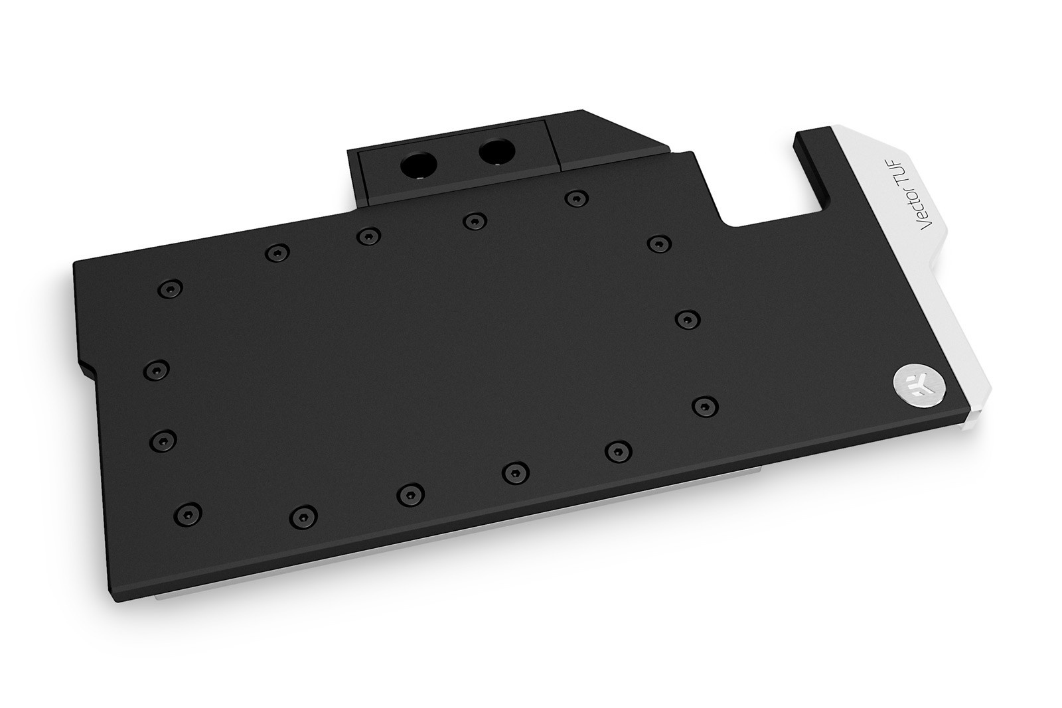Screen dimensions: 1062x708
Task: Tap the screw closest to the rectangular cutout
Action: pos(659,244)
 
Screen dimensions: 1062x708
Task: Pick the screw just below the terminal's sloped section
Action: pos(576,198)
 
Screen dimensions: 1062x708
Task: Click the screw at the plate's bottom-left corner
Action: pos(188,513)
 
